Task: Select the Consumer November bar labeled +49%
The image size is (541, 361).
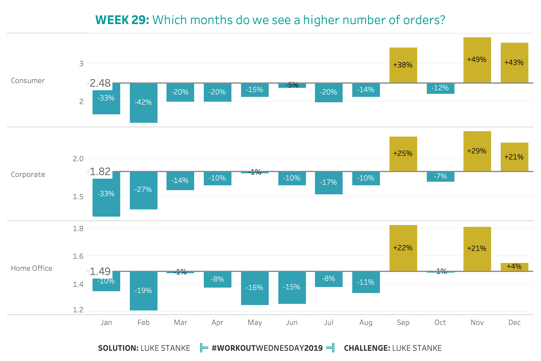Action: point(477,60)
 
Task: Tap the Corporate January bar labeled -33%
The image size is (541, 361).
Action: point(106,194)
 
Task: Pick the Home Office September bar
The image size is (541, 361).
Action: point(403,248)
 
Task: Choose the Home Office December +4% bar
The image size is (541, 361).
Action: point(514,267)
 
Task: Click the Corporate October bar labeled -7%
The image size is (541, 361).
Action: point(440,177)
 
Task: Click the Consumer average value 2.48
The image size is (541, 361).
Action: point(100,83)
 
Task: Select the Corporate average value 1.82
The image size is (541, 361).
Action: point(100,171)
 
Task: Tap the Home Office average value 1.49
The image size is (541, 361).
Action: point(100,271)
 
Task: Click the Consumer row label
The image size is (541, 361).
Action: point(28,81)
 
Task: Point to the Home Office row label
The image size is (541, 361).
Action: point(32,268)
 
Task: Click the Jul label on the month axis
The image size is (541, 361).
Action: point(329,322)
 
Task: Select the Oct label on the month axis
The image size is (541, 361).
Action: point(440,322)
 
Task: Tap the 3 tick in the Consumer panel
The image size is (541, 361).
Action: point(81,63)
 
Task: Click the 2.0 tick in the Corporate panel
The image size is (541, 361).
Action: point(78,159)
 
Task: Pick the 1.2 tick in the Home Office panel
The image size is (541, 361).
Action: point(78,310)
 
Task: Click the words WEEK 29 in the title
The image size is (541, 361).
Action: point(122,20)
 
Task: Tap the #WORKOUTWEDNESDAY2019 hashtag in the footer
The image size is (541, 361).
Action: point(267,348)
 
